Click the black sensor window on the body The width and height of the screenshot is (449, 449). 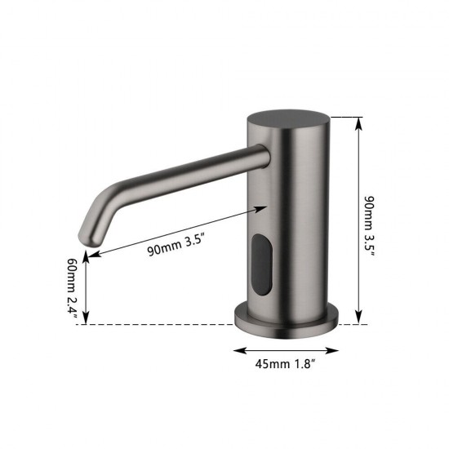[x=261, y=263]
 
